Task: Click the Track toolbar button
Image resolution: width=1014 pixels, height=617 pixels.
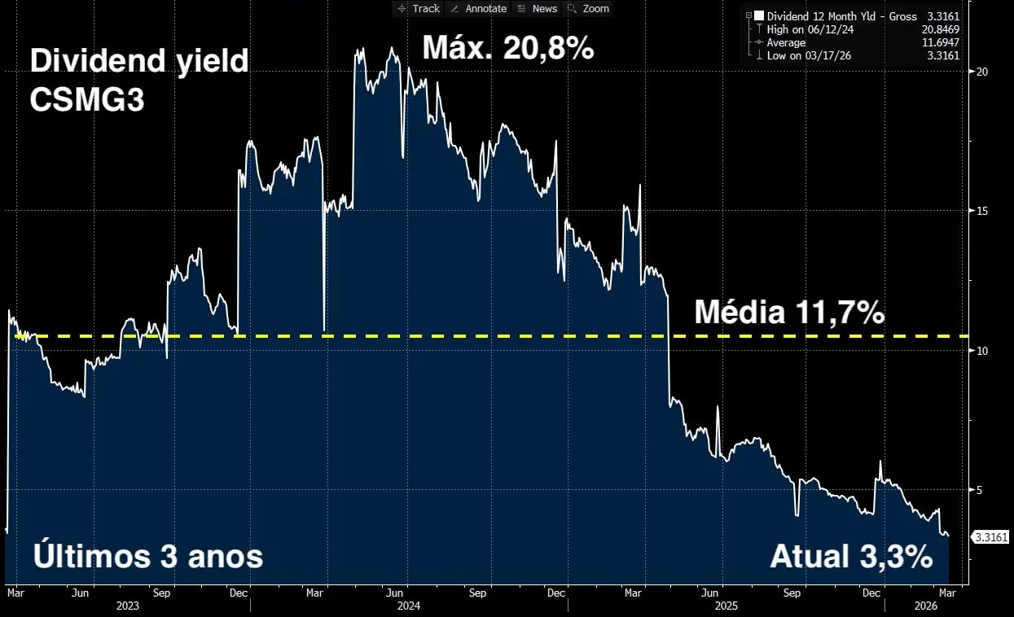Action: click(x=418, y=9)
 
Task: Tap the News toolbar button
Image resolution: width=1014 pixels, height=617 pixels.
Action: click(x=538, y=9)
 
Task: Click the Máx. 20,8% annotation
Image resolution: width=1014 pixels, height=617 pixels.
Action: click(x=507, y=49)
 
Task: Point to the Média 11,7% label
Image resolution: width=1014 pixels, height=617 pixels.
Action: click(x=788, y=313)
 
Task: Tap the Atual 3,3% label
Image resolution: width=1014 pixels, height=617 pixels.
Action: click(x=851, y=558)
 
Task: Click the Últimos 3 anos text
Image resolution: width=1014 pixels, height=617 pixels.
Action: click(x=147, y=558)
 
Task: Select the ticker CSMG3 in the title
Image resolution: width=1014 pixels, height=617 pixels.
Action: click(x=86, y=99)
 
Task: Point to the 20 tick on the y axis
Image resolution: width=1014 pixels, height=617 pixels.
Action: click(x=981, y=72)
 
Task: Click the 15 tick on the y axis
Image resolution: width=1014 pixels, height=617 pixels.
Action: click(x=981, y=211)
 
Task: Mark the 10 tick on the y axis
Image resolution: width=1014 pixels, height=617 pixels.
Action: click(x=981, y=351)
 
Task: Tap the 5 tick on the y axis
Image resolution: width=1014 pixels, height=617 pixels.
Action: click(x=981, y=490)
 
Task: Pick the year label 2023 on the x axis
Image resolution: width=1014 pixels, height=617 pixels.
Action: click(x=128, y=606)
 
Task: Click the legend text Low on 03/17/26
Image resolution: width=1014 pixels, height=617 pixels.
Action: click(x=803, y=55)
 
